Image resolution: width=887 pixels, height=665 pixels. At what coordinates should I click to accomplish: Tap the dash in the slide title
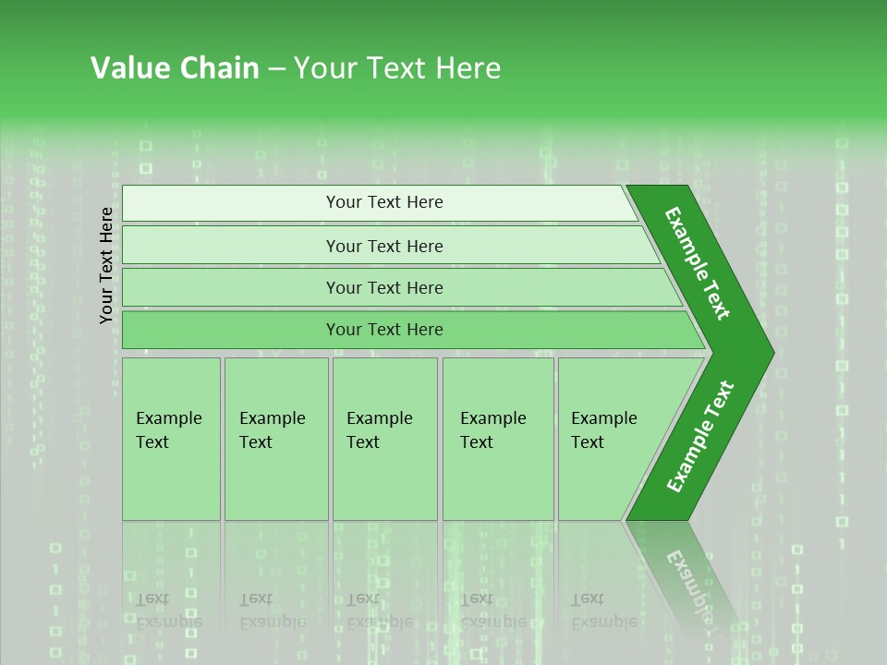tap(276, 69)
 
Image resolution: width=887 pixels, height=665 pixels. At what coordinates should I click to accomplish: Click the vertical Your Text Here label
tap(106, 265)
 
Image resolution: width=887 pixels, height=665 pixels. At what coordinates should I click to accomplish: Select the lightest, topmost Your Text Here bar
tap(383, 202)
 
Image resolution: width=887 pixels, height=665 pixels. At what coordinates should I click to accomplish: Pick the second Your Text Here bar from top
tap(383, 246)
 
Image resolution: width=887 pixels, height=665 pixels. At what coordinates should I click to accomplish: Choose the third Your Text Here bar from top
tap(383, 287)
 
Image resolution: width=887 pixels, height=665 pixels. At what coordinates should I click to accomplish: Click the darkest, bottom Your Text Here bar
tap(383, 330)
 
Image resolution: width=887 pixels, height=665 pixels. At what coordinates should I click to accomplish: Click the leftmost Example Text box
tap(171, 438)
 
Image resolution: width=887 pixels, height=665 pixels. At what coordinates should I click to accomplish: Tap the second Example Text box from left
tap(275, 438)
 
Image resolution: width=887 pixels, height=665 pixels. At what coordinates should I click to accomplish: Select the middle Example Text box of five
tap(383, 438)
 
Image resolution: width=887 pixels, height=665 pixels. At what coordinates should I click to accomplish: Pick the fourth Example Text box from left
tap(497, 438)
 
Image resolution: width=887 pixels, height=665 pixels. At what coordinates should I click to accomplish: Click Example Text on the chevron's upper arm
tap(698, 263)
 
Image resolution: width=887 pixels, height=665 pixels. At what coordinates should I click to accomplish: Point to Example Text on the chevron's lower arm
tap(699, 437)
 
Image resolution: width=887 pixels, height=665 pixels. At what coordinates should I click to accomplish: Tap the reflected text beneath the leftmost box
tap(168, 611)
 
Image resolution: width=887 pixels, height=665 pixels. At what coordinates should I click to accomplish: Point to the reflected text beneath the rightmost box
tap(603, 611)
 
